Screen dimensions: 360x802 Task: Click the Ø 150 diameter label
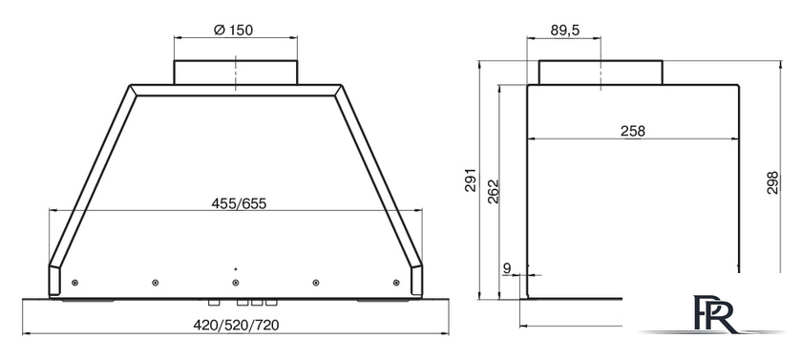(x=234, y=30)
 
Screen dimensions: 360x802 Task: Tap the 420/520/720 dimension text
(x=236, y=325)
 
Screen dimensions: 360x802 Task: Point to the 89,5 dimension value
(x=565, y=31)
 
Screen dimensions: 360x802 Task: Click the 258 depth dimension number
(x=632, y=130)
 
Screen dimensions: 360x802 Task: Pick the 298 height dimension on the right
(x=772, y=182)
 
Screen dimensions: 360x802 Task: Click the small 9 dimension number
(x=506, y=267)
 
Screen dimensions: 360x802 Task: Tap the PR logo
(x=714, y=314)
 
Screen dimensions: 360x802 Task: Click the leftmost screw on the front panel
(x=75, y=282)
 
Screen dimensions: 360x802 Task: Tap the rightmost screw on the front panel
(x=395, y=282)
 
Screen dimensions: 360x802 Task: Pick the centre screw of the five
(x=235, y=282)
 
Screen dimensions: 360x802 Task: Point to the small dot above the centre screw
(x=235, y=269)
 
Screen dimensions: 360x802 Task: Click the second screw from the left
(x=155, y=282)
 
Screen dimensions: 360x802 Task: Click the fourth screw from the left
(x=315, y=282)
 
